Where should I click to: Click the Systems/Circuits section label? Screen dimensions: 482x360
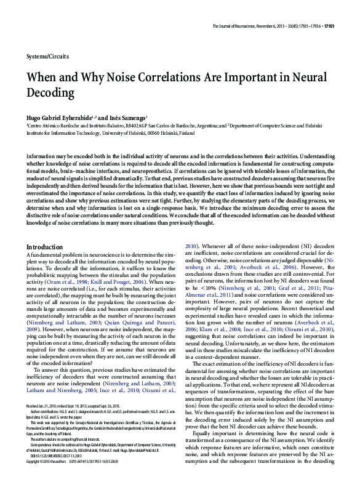(x=48, y=56)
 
